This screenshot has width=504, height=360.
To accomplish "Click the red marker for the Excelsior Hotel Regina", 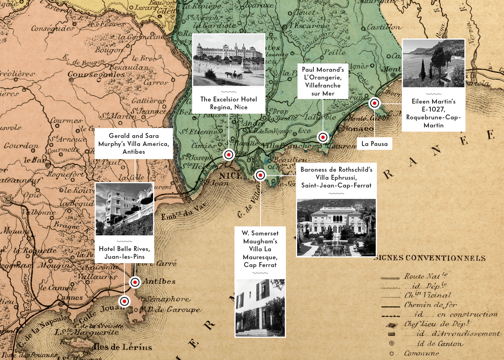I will coord(229,155).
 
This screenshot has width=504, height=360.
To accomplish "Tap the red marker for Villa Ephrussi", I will coord(261,175).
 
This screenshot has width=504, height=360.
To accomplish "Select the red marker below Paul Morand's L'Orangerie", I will coord(323,137).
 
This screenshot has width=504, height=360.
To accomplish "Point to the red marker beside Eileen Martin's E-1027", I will coord(375,103).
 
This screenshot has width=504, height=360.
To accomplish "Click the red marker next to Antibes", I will coord(135,282).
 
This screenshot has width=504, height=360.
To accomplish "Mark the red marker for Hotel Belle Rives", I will coord(124,301).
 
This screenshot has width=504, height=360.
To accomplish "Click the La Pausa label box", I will coord(375,144).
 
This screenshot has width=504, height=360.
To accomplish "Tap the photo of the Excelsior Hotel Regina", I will coord(229,60).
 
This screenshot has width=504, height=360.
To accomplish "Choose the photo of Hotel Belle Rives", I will coord(124,209).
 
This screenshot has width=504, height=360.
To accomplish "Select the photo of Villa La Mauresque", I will coord(260,308).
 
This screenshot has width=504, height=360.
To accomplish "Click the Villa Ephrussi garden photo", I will coord(336,227).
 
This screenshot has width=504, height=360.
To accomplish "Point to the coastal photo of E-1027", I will coord(433,63).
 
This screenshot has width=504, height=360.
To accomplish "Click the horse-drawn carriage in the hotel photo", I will coord(234,75).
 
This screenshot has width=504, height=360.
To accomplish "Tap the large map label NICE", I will coord(231,176).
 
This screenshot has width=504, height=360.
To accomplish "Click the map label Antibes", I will coord(159,281).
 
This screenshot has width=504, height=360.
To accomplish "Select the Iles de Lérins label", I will coord(123,347).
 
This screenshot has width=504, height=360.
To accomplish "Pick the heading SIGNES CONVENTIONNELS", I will coord(430,258).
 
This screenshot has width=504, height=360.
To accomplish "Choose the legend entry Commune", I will coord(421,353).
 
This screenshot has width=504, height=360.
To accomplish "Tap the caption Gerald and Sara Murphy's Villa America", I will coord(134,144).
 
